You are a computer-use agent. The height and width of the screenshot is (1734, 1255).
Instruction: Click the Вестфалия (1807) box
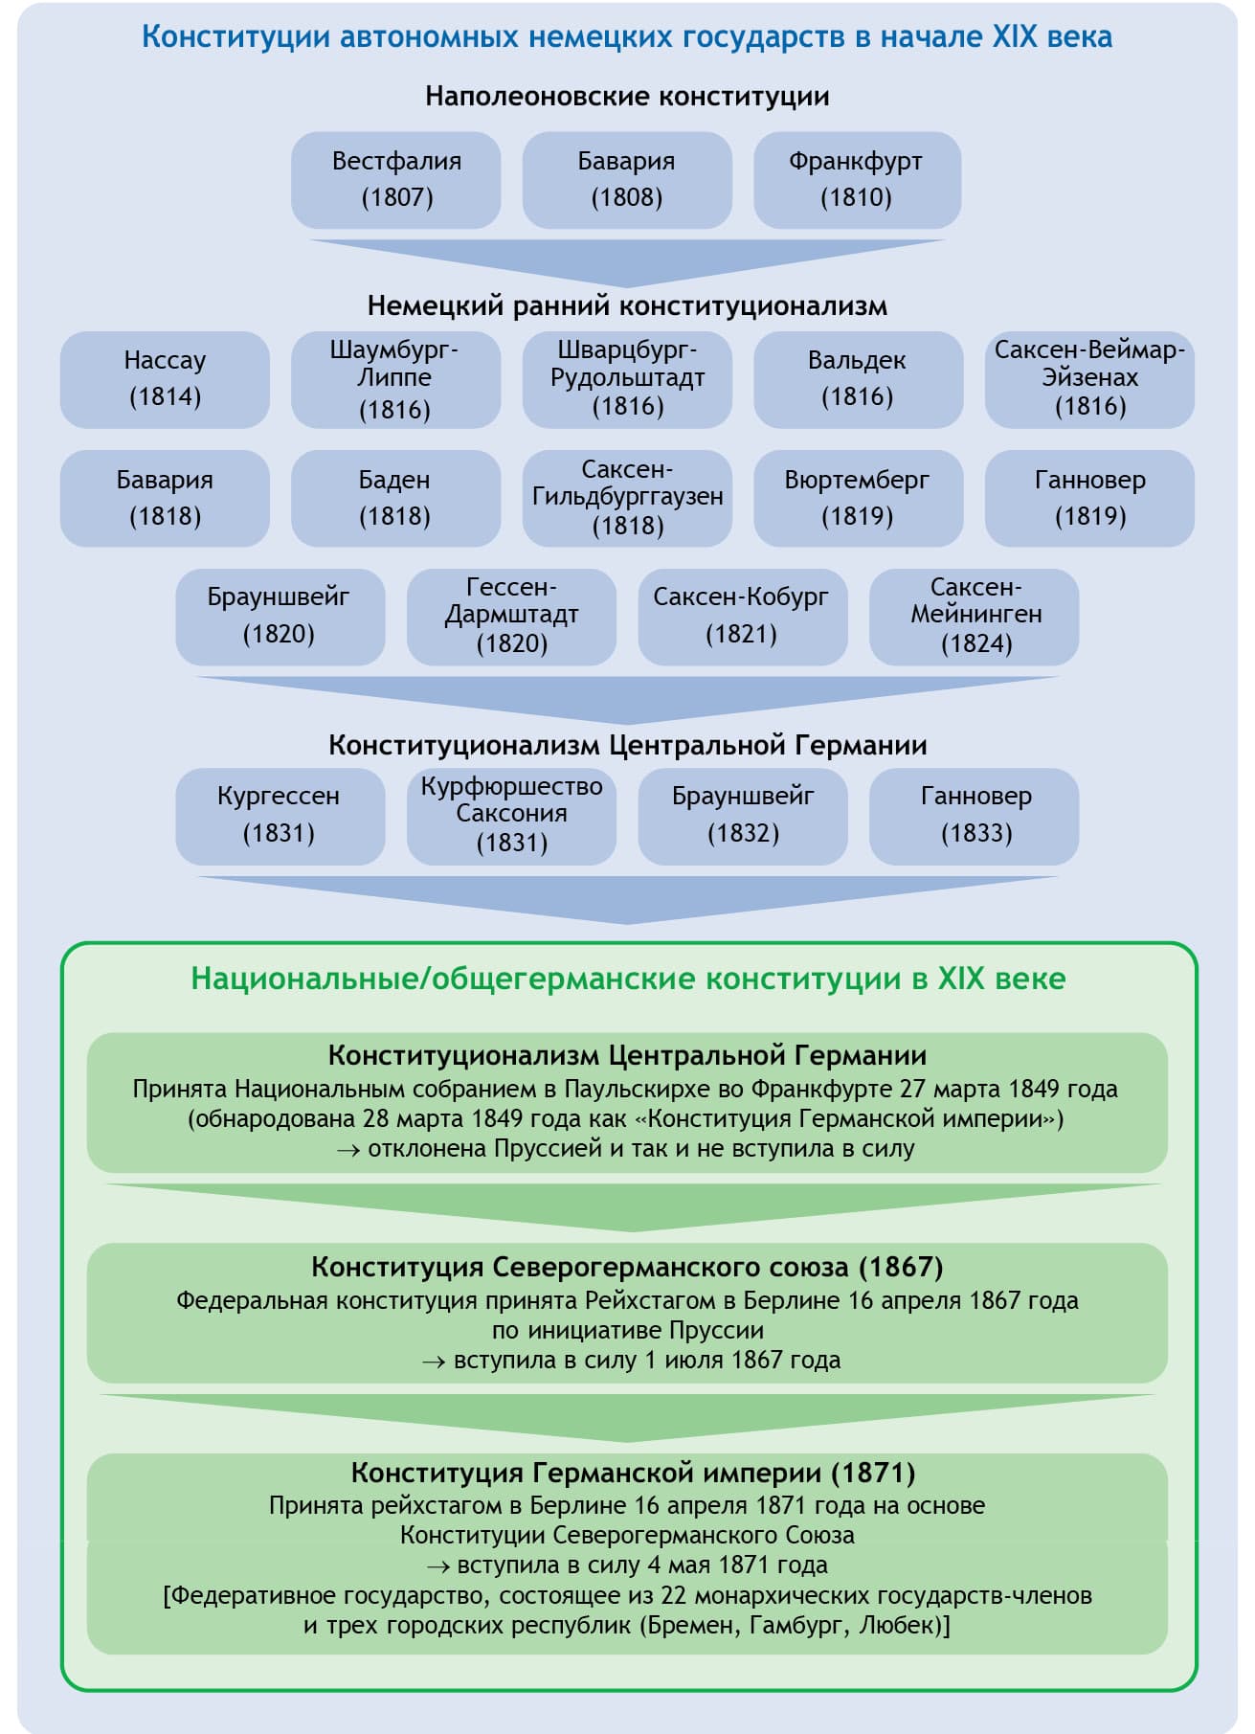[396, 180]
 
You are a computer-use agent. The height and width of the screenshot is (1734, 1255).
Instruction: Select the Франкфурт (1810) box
[857, 180]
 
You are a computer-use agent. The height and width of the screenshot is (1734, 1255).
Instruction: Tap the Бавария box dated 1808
[627, 180]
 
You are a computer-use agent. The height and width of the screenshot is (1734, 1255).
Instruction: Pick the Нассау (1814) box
[165, 379]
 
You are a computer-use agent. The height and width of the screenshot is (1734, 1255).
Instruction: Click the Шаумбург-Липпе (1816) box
[395, 379]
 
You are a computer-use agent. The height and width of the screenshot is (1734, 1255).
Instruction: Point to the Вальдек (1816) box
[858, 379]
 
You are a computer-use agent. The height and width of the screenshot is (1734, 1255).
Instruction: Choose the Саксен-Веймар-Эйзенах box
[1089, 379]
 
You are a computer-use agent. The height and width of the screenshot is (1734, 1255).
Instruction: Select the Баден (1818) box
[395, 498]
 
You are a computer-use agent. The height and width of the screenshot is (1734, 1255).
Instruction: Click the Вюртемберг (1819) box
[858, 498]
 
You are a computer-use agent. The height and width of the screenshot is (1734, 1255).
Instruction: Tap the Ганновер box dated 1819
[1089, 498]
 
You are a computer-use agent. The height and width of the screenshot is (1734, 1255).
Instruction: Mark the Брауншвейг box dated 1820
[280, 617]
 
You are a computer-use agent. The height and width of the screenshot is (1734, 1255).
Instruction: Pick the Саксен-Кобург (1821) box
[742, 617]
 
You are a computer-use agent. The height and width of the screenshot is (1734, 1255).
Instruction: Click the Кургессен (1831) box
[280, 816]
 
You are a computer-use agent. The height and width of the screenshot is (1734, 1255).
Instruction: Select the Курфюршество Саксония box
[511, 816]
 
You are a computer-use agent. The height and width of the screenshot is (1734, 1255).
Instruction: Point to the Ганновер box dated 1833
[975, 816]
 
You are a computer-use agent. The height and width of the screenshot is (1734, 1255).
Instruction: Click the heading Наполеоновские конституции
[627, 97]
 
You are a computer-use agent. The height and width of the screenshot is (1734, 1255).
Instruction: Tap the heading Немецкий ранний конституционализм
[627, 306]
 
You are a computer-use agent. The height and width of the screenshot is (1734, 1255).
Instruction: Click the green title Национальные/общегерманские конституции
[628, 979]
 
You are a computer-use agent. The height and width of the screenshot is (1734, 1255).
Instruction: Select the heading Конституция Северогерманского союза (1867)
[627, 1267]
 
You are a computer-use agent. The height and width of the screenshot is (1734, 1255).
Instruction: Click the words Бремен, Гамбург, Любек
[793, 1625]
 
